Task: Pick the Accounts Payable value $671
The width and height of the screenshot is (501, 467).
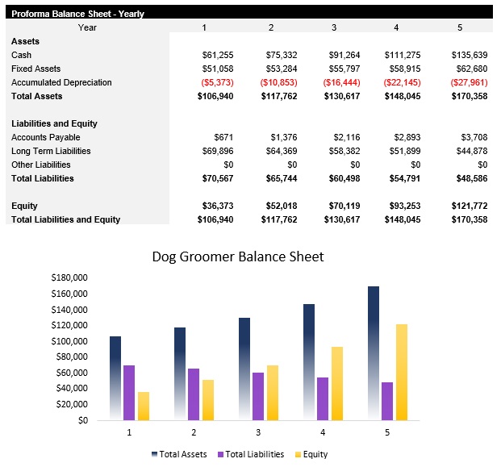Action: coord(223,137)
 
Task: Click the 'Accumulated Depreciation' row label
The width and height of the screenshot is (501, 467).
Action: coord(61,82)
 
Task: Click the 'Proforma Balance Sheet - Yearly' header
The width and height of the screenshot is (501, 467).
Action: coord(77,14)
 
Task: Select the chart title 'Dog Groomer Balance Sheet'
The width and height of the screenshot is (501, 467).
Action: coord(238,257)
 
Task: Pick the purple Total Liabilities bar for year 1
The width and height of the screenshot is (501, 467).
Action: coord(129,392)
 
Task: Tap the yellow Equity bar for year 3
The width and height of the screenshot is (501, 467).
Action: coord(271,392)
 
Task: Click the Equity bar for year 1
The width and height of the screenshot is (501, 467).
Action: coord(144,406)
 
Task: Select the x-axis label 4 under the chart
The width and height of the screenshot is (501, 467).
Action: coord(324,433)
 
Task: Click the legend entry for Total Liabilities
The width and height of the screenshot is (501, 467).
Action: coord(250,455)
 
